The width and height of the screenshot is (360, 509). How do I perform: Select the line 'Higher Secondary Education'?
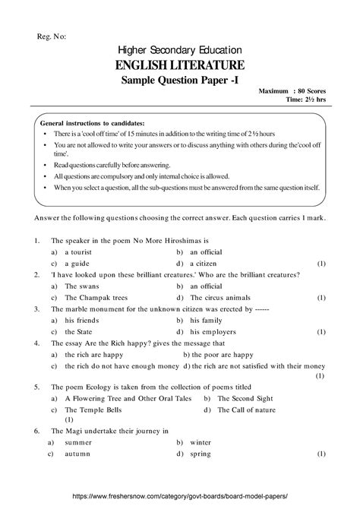[x=179, y=49]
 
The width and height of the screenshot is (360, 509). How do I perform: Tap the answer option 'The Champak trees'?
[x=96, y=298]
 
